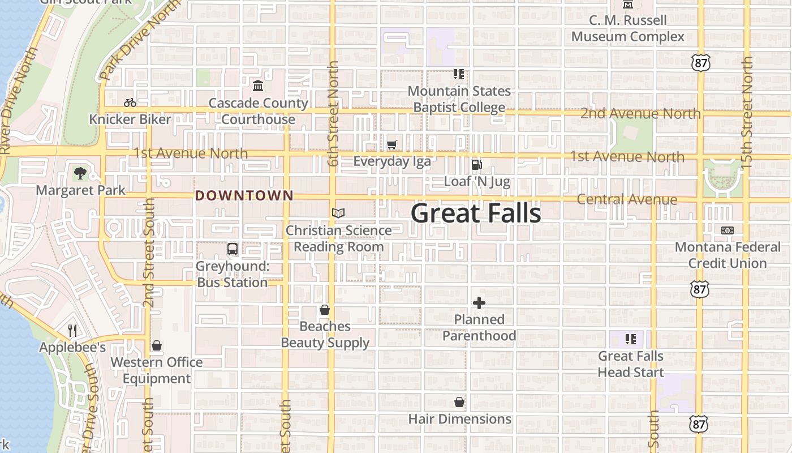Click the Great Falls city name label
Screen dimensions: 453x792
coord(476,213)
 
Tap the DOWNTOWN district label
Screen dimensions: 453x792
coord(244,196)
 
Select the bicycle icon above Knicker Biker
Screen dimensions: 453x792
coord(130,102)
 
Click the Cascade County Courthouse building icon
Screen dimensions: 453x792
coord(258,86)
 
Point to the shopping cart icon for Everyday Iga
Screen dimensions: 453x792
coord(392,144)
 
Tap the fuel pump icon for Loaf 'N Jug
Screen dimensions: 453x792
coord(477,165)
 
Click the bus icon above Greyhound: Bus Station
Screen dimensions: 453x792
coord(232,249)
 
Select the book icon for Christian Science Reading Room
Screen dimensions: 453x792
coord(338,213)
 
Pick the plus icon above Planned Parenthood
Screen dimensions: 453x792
coord(479,303)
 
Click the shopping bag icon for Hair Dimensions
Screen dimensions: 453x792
coord(459,402)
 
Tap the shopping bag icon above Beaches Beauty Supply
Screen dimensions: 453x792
coord(325,310)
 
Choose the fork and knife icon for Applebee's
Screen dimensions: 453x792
coord(72,330)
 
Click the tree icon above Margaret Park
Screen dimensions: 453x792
coord(80,173)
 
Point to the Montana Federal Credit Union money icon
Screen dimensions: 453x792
coord(728,230)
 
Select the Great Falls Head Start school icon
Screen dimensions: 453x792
coord(631,339)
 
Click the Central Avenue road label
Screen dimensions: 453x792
coord(627,199)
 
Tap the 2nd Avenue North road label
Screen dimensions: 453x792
coord(640,114)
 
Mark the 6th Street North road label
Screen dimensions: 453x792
coord(333,113)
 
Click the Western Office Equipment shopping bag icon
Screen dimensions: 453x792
coord(157,345)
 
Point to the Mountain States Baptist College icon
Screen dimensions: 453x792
coord(459,74)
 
